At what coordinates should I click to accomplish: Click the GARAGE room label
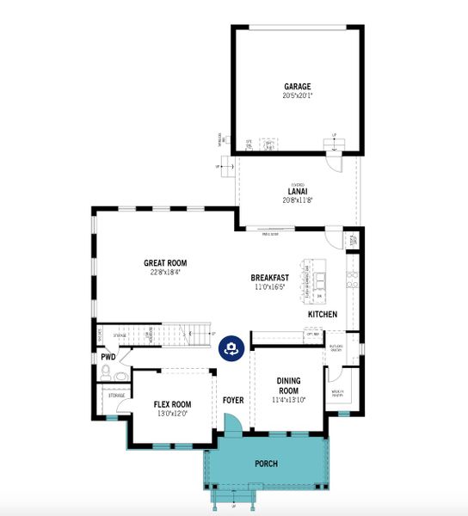point(298,86)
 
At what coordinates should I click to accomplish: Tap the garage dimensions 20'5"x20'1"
point(298,96)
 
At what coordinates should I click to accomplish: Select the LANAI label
point(299,190)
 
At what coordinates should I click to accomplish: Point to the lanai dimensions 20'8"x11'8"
point(299,200)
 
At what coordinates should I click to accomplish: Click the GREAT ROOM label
point(165,263)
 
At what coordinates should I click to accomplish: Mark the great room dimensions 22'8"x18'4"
point(165,273)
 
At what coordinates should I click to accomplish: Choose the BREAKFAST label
point(270,278)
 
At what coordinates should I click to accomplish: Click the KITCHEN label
point(323,315)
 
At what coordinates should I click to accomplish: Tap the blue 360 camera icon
point(231,347)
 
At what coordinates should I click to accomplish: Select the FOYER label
point(233,400)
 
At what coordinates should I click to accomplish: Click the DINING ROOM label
point(287,385)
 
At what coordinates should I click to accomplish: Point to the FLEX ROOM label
point(173,404)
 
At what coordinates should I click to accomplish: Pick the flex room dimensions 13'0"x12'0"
point(173,414)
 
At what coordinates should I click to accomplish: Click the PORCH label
point(267,464)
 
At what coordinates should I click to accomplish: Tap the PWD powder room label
point(108,356)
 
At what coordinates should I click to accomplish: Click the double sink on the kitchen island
point(321,279)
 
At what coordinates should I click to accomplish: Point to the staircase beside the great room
point(172,334)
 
